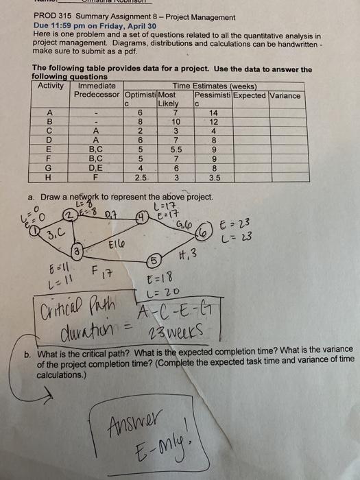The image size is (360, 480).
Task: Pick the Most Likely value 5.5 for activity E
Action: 176,147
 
